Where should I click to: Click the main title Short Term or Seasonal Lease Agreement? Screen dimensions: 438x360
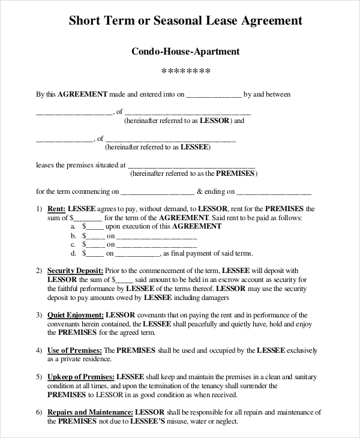tap(185, 21)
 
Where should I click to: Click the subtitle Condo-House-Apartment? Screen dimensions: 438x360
tap(185, 52)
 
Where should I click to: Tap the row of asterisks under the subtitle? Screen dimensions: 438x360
tap(186, 73)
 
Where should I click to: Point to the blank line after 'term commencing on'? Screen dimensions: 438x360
tap(157, 193)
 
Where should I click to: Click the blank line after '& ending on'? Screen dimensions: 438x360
tap(274, 193)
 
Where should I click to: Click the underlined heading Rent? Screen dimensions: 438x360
tap(56, 209)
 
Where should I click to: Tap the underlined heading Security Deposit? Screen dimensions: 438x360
tap(76, 271)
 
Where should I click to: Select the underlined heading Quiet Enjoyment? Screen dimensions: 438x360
tap(76, 315)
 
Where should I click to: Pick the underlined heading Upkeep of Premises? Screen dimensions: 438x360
tap(81, 376)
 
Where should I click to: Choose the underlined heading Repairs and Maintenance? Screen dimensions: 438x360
tap(89, 412)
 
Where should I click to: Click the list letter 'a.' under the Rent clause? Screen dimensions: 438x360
tap(73, 227)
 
